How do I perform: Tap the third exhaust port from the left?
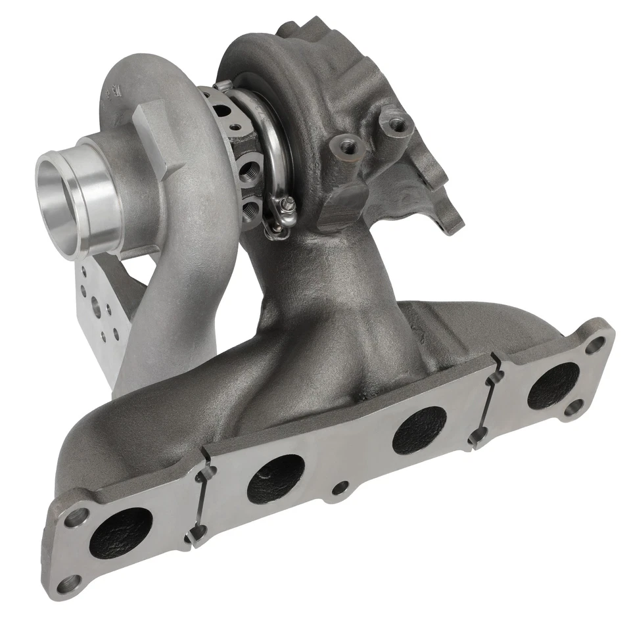tap(419, 430)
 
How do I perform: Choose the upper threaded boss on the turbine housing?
tap(395, 123)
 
